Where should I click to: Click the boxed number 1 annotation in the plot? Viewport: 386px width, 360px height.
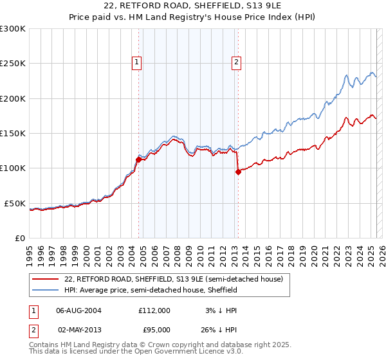138,62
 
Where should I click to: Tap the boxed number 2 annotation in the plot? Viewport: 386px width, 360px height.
237,62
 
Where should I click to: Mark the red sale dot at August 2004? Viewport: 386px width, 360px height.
138,159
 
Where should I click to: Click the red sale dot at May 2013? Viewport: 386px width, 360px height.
238,172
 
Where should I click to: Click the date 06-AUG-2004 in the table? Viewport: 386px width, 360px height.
79,310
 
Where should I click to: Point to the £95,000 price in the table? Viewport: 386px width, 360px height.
154,330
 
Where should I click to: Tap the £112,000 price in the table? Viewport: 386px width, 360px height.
154,310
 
